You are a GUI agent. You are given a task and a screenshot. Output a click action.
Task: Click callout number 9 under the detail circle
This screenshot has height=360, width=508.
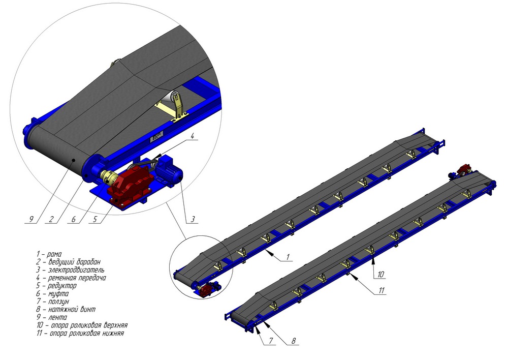pyautogui.click(x=31, y=219)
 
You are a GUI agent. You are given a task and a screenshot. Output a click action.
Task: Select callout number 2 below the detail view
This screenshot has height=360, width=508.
pyautogui.click(x=51, y=219)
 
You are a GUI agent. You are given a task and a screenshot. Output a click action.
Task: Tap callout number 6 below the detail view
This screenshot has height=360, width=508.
pyautogui.click(x=74, y=219)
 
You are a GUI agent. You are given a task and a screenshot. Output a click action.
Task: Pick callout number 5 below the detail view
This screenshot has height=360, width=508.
pyautogui.click(x=95, y=219)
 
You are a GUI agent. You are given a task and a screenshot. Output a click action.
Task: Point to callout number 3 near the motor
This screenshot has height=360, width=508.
pyautogui.click(x=193, y=219)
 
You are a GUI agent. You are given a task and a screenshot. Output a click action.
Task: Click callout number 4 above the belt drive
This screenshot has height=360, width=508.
pyautogui.click(x=192, y=136)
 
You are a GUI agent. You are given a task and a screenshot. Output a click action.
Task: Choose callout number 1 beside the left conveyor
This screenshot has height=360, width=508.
pyautogui.click(x=288, y=257)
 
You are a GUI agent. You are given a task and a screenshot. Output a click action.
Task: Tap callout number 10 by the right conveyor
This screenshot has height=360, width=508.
pyautogui.click(x=380, y=274)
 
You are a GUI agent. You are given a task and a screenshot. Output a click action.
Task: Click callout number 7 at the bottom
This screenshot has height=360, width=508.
pyautogui.click(x=271, y=341)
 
